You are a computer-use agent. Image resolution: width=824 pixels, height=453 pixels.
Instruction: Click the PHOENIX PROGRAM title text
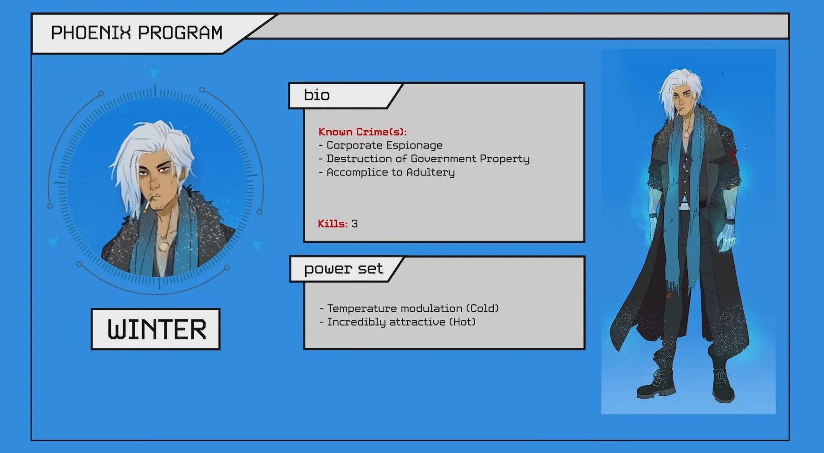click(137, 33)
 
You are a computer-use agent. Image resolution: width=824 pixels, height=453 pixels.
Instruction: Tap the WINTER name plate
click(156, 329)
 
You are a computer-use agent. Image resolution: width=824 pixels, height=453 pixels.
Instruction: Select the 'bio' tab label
click(317, 95)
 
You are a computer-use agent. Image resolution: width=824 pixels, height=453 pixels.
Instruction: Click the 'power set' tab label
click(344, 269)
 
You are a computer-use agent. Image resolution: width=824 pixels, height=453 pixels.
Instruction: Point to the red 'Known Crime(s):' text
click(362, 132)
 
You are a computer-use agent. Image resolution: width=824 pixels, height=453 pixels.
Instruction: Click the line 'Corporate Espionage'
click(381, 146)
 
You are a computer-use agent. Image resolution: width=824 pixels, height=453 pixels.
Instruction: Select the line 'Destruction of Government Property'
click(424, 159)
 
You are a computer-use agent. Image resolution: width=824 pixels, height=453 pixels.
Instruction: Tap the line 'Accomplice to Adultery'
click(387, 173)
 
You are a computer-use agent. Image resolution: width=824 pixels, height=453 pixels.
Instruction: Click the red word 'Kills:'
click(333, 224)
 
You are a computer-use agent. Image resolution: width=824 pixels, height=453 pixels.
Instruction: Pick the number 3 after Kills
click(354, 224)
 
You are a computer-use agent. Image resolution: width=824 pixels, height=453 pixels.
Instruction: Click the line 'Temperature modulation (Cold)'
click(409, 308)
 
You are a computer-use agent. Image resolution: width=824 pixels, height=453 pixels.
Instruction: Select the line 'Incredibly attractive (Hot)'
click(398, 322)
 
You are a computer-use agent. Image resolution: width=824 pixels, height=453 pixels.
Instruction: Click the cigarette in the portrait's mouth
click(146, 205)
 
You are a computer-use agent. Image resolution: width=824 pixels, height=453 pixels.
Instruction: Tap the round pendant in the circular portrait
click(163, 245)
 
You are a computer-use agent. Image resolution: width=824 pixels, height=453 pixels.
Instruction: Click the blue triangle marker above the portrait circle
click(154, 74)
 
